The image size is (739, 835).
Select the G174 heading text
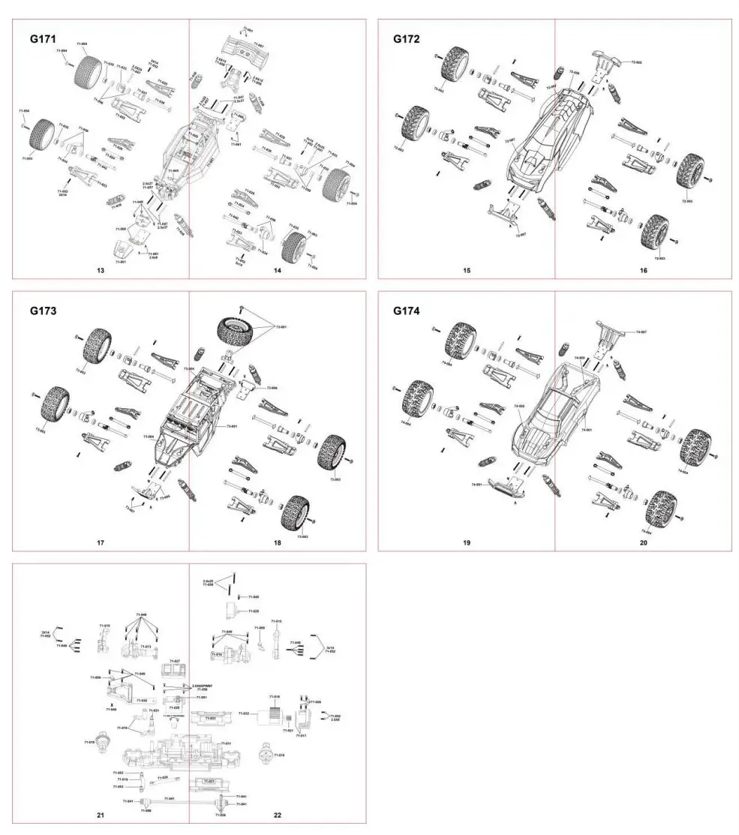(x=407, y=310)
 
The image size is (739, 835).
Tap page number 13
(x=100, y=269)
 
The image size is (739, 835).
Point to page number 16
(x=643, y=269)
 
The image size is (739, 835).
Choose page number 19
(x=466, y=542)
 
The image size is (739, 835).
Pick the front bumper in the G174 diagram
(x=500, y=485)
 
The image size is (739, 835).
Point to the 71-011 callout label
(x=226, y=743)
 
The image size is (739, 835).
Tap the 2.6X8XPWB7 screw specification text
(x=203, y=686)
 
